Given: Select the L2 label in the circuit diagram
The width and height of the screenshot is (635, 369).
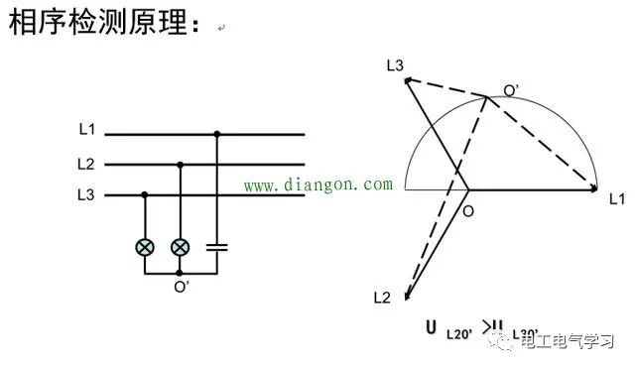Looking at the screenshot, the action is [x=86, y=164].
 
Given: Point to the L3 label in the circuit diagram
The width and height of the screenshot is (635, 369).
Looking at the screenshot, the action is [x=86, y=195].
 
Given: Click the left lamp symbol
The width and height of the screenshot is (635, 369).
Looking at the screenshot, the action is [x=146, y=247].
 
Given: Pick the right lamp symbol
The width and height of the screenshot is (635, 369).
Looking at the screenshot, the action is [x=180, y=247].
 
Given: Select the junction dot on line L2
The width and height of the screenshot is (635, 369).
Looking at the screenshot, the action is [x=180, y=165].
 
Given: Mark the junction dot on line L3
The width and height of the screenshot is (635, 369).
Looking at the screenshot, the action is [x=146, y=195].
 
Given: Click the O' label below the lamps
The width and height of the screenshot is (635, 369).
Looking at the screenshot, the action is [x=181, y=288].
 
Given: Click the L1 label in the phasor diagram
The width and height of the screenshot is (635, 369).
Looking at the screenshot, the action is [x=616, y=198].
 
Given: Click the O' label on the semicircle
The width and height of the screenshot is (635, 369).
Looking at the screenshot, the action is [x=510, y=90].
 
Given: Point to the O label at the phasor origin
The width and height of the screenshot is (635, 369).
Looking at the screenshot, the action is [x=468, y=210].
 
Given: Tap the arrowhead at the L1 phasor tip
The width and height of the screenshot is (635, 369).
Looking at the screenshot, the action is [x=595, y=187].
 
